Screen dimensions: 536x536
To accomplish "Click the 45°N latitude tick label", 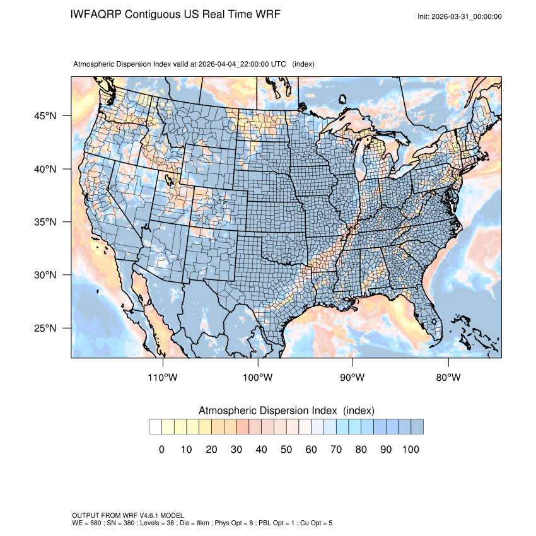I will coord(46,116).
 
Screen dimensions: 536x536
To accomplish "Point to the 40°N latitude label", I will coord(46,169).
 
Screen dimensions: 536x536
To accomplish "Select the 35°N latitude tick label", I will coord(46,222).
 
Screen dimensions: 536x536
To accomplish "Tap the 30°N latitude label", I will coord(46,275).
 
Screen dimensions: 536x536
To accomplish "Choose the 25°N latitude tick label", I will coord(46,328).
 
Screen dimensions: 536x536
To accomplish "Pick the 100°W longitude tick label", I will coord(258,378).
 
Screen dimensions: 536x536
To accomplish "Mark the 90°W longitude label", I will coord(352,378).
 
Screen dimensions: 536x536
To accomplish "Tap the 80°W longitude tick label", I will coord(448,378).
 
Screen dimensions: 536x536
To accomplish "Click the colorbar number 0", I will coord(161,450).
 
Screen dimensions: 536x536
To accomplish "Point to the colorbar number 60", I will coord(310,450).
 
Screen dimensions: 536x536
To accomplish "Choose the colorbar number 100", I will coord(411,450).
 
